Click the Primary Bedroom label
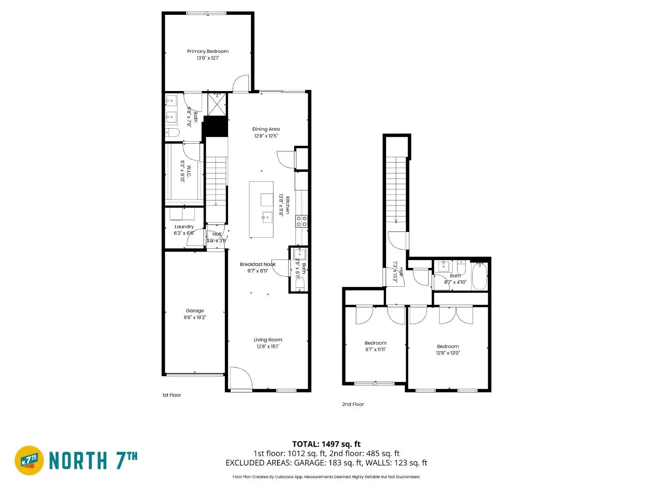click(x=208, y=51)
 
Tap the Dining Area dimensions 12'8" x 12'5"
click(x=266, y=136)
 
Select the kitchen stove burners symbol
click(x=302, y=221)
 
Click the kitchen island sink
click(x=267, y=217)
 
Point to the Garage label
click(x=195, y=311)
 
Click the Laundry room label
click(x=184, y=227)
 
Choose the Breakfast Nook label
click(x=258, y=265)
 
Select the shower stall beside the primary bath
click(x=217, y=105)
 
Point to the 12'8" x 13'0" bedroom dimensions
click(x=448, y=353)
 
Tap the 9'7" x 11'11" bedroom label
click(x=375, y=343)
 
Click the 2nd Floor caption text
click(x=353, y=404)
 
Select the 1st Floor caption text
click(x=171, y=395)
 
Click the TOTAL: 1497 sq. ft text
click(x=326, y=444)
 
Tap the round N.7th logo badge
click(x=29, y=460)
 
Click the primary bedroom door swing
click(x=241, y=83)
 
